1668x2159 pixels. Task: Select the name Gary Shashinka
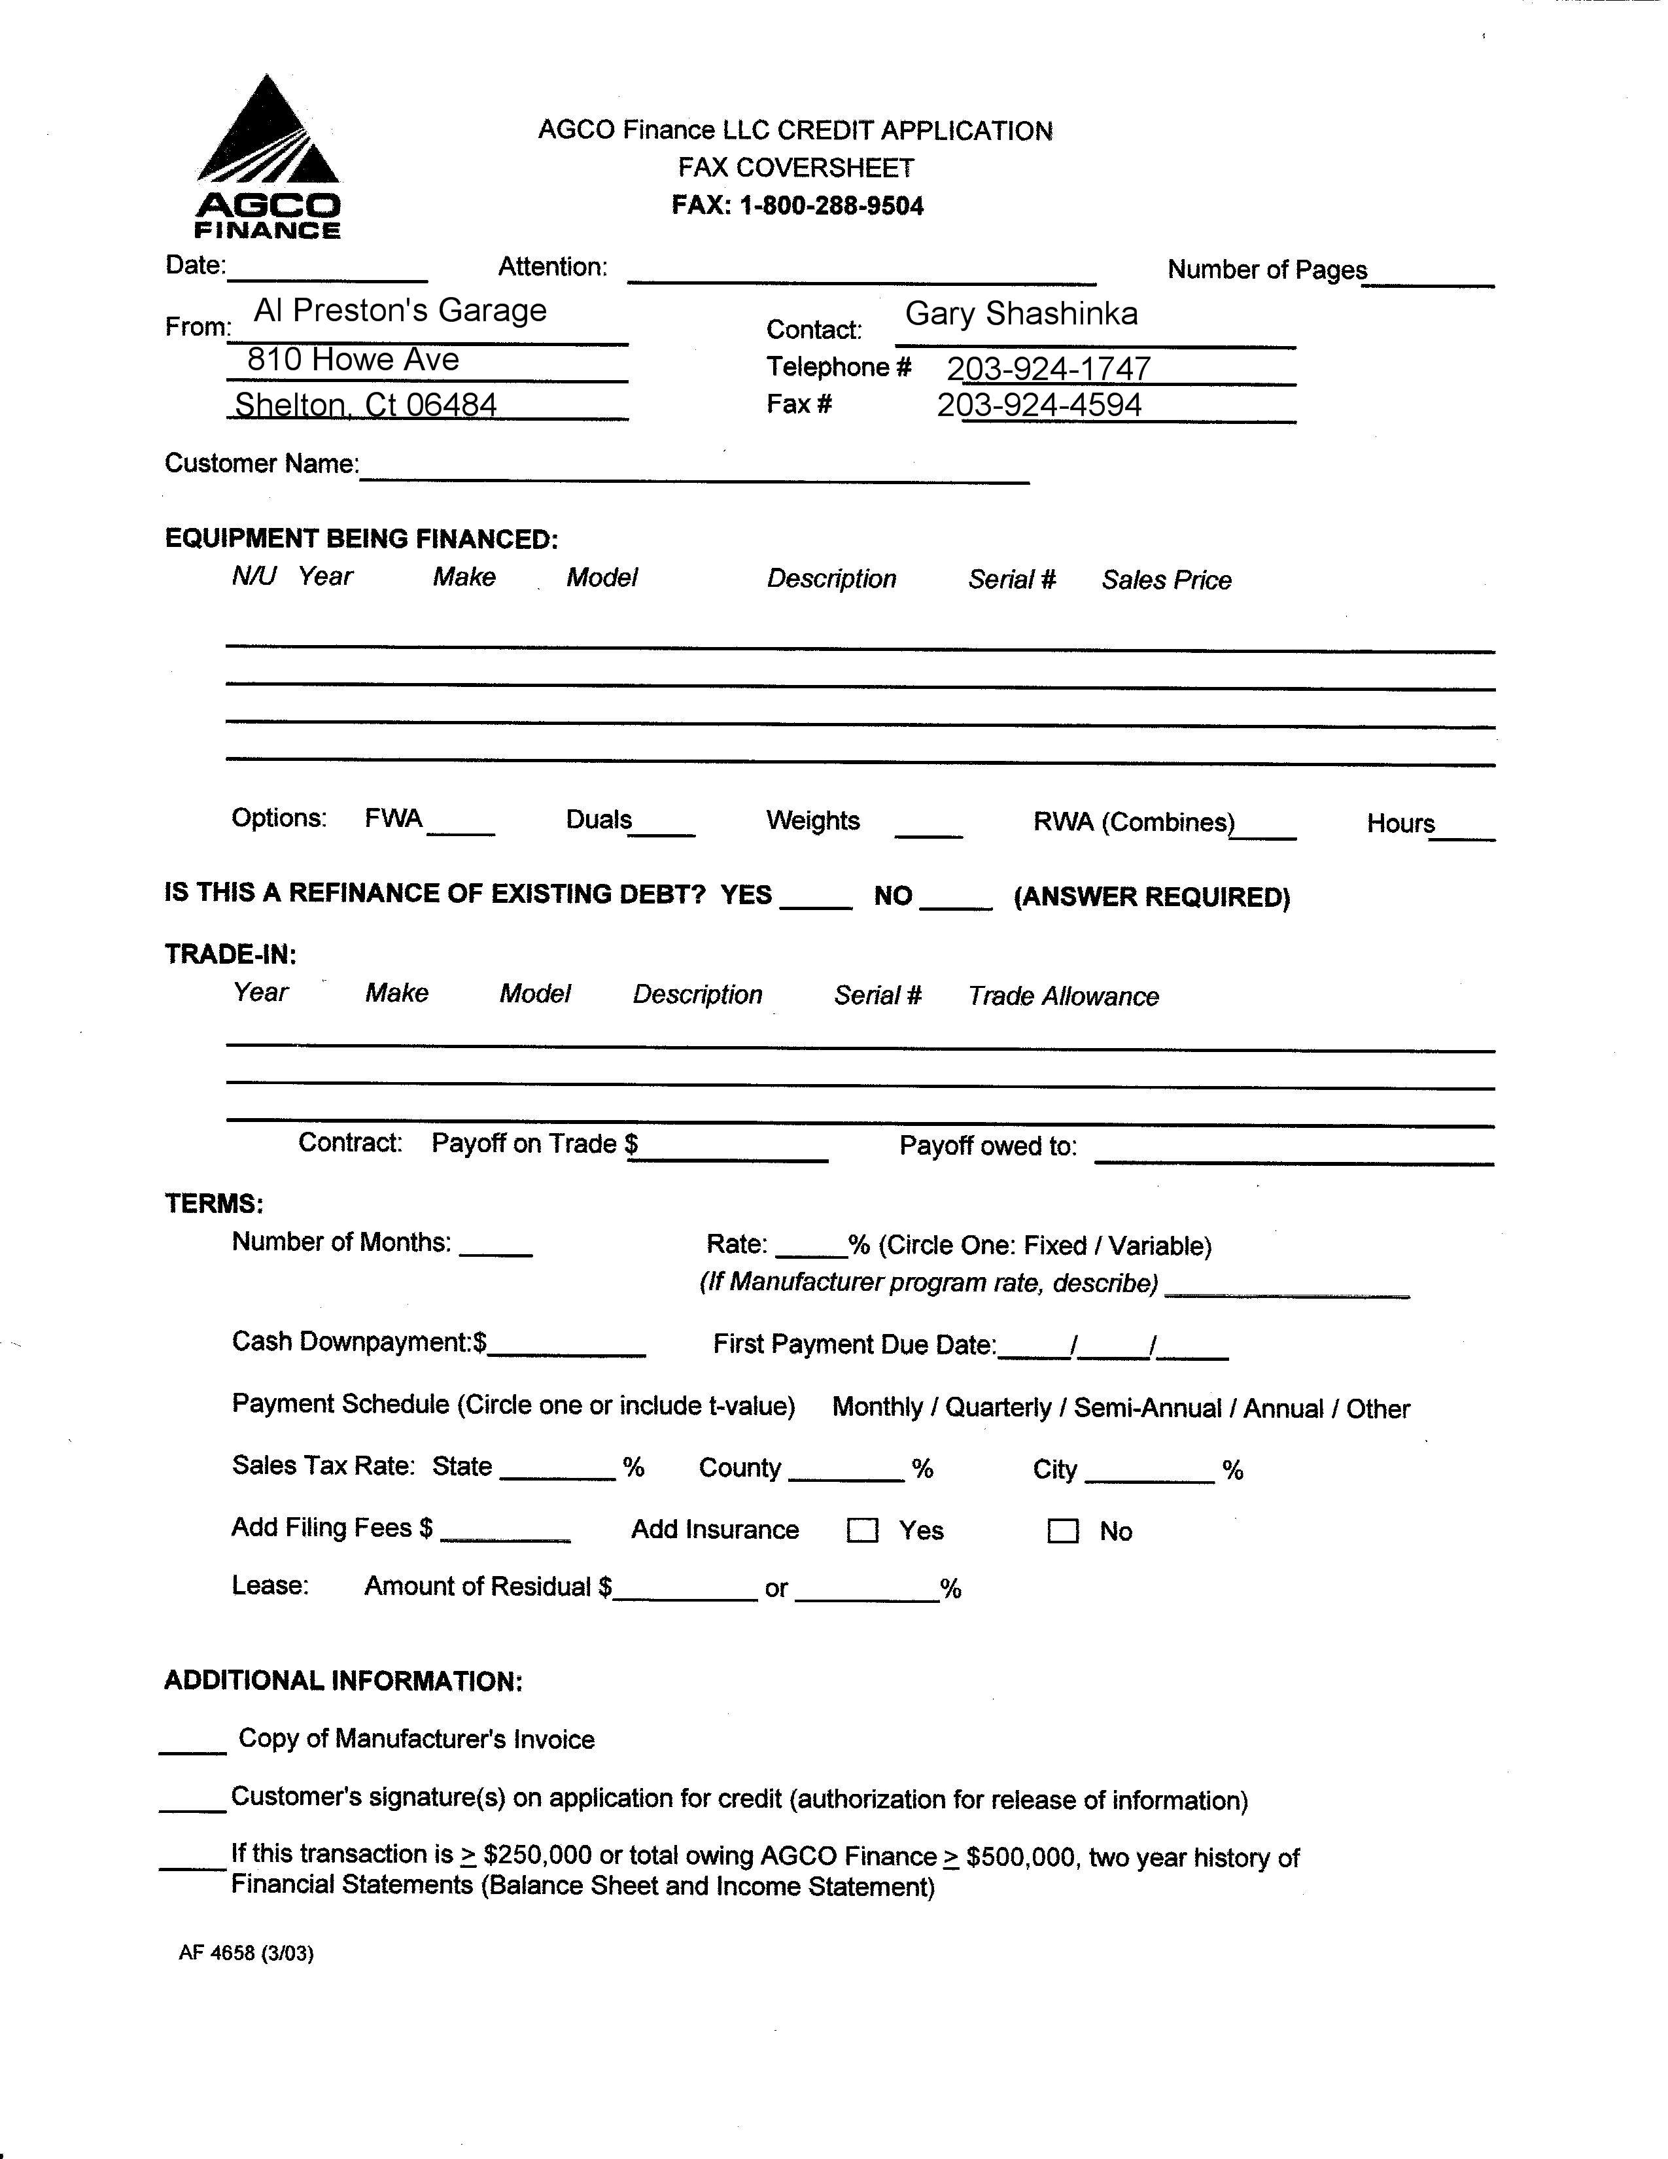1021,313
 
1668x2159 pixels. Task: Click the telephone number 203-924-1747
1049,368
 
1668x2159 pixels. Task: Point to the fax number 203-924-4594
1039,404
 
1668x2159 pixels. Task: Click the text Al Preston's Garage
400,310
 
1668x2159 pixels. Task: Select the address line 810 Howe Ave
353,359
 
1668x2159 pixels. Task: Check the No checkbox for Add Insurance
1062,1532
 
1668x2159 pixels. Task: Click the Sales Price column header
1166,580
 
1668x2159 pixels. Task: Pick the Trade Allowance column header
1063,996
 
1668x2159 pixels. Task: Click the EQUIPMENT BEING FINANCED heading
360,538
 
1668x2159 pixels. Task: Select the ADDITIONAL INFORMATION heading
343,1681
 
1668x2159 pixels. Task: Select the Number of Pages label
1267,270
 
